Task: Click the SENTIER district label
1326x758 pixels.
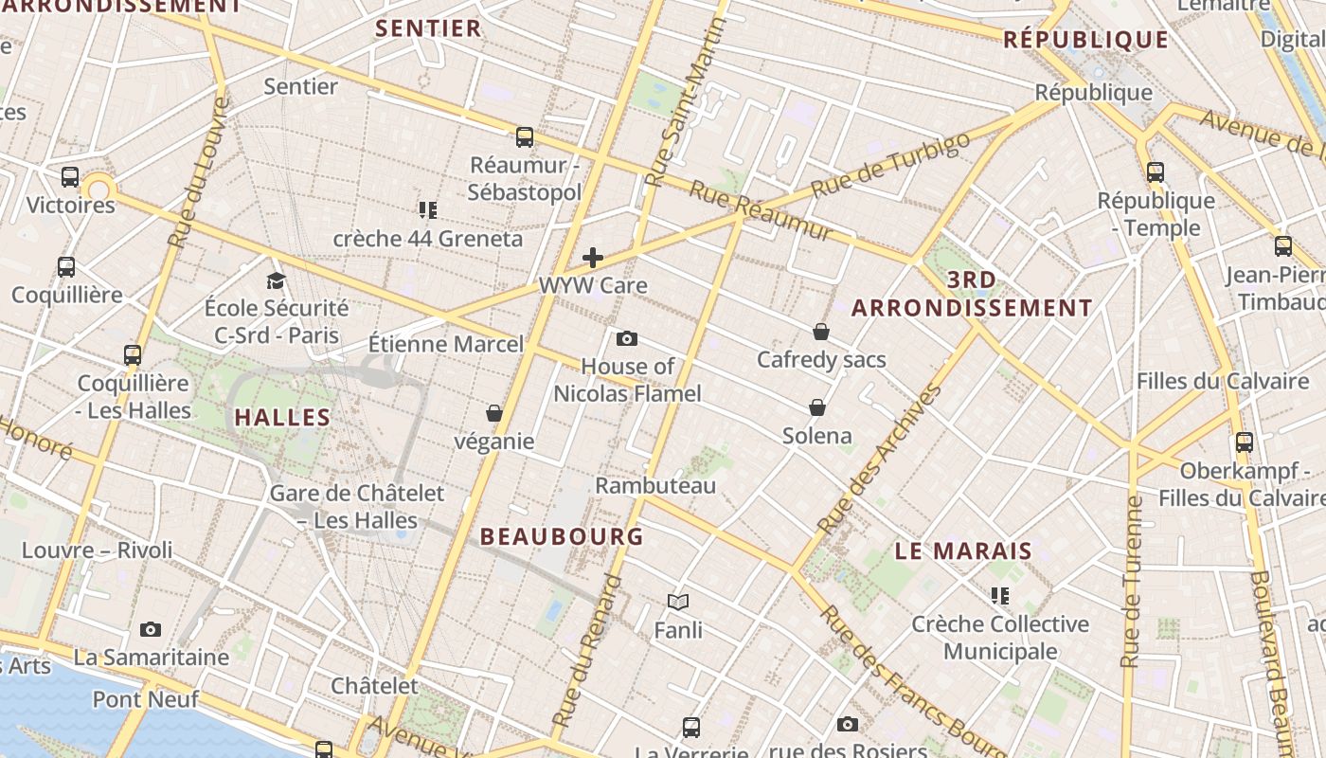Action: click(428, 28)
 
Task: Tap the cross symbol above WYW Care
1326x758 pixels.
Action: click(593, 257)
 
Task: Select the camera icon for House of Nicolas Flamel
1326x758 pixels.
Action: click(626, 338)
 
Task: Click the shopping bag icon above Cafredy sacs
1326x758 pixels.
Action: click(821, 332)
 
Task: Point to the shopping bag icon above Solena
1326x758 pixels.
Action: click(817, 407)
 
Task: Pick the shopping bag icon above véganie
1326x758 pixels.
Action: click(493, 413)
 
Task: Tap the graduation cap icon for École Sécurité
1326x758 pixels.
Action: click(276, 280)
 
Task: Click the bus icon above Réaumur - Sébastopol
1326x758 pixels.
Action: click(525, 137)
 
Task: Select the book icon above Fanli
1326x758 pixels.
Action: click(678, 601)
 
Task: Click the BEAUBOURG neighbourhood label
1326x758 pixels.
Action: click(562, 536)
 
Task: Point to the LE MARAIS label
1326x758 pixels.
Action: click(963, 550)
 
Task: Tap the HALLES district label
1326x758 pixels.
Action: click(282, 417)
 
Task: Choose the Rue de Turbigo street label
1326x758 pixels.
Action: click(891, 165)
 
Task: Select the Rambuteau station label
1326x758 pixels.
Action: click(655, 485)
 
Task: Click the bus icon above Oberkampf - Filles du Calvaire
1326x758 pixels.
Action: click(1245, 442)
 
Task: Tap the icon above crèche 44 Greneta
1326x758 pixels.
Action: click(428, 209)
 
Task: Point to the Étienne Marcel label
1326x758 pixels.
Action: click(445, 343)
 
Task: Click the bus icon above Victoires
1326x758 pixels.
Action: click(70, 177)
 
